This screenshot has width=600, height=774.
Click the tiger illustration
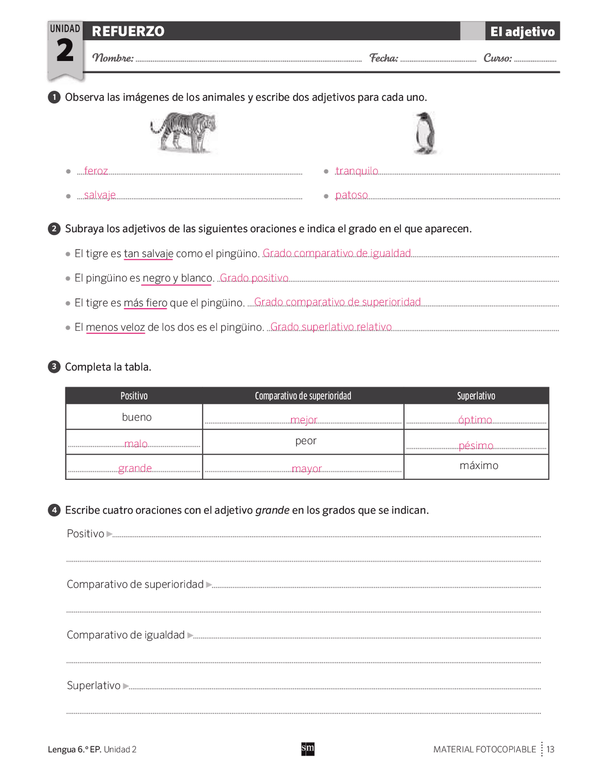coord(184,132)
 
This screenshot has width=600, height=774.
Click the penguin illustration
coord(426,133)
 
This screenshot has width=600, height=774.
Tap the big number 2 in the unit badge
coord(65,51)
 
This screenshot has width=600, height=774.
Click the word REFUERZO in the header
coord(128,31)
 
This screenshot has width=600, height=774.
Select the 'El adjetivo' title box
coord(522,31)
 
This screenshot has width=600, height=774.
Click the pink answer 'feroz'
coord(96,171)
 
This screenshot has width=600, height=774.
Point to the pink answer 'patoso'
coord(352,195)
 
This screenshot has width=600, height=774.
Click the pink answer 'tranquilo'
coord(357,171)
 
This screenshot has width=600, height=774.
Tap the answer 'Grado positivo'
coord(254,278)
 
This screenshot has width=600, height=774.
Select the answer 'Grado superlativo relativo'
coord(331,326)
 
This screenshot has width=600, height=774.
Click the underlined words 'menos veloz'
coord(115,327)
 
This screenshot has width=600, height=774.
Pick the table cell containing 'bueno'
coord(136,417)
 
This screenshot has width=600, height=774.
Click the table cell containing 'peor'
coord(306,441)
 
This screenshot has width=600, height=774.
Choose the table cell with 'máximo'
coord(479,466)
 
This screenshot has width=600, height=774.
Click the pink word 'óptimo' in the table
coord(475,420)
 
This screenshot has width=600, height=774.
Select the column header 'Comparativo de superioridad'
coord(303,396)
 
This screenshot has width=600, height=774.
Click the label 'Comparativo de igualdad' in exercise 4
coord(126,635)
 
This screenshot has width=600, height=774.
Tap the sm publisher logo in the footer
coord(307,749)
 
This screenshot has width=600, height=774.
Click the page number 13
coord(550,749)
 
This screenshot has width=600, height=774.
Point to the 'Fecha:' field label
coord(383,58)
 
